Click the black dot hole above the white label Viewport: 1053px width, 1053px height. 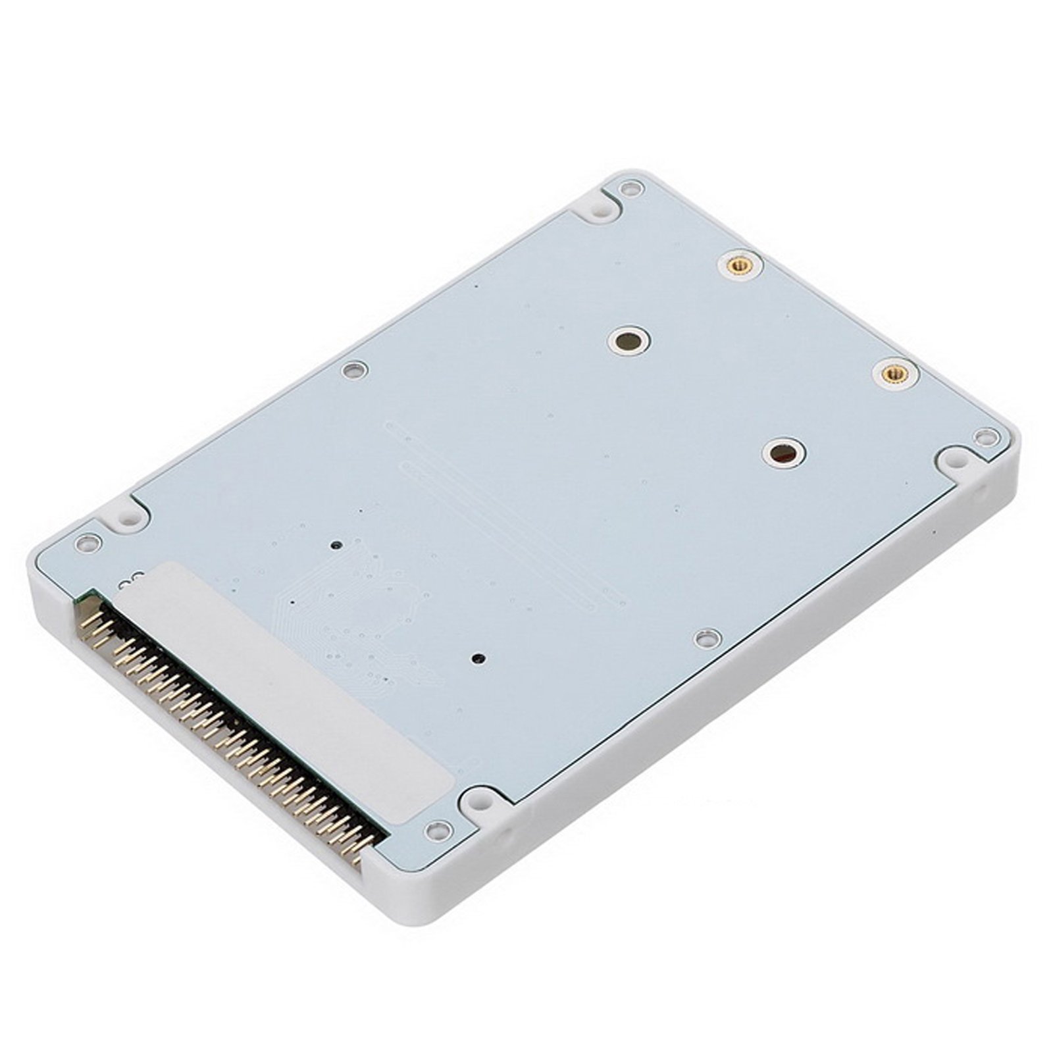tap(337, 545)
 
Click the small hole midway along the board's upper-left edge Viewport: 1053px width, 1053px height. tap(353, 371)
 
